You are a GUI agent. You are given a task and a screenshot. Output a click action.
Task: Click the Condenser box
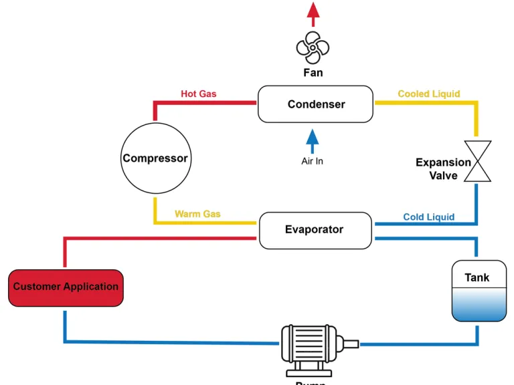(315, 104)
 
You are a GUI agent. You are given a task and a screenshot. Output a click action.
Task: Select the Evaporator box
(315, 230)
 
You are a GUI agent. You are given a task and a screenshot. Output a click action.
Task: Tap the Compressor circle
(155, 159)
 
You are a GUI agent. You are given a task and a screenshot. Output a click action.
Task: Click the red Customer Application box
(66, 287)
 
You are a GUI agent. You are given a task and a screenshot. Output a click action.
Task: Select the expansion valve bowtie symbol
(478, 161)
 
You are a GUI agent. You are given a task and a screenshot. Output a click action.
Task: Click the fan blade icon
(313, 47)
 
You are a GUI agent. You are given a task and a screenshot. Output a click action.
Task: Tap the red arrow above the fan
(313, 12)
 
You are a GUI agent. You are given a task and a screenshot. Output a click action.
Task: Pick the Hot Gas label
(199, 94)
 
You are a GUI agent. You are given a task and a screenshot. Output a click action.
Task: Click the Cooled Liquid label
(429, 94)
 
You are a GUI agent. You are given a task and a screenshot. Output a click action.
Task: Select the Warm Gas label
(197, 215)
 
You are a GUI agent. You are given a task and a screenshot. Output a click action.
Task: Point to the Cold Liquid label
(429, 217)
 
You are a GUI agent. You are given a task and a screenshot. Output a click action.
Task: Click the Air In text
(312, 162)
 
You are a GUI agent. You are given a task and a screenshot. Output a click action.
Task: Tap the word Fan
(313, 72)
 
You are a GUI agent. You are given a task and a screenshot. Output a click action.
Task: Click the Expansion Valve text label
(443, 169)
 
